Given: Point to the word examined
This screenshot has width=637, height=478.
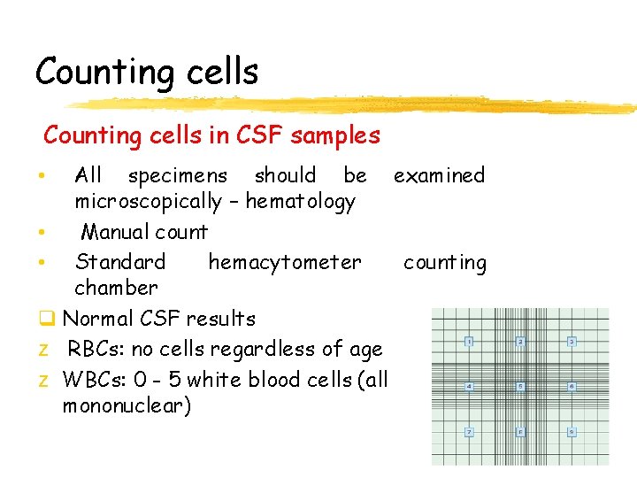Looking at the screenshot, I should [440, 175].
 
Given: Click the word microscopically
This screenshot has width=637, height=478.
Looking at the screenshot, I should [148, 202].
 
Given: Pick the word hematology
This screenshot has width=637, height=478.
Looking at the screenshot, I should [301, 202].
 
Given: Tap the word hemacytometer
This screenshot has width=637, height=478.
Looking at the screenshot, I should [285, 263].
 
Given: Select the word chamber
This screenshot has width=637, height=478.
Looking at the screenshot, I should [116, 288].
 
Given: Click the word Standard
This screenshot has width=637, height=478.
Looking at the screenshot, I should [120, 263].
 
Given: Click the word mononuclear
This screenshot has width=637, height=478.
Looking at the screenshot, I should [127, 407].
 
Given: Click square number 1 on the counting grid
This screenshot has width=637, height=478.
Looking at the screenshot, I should [469, 342].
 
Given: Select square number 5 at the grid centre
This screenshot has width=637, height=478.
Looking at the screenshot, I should [521, 387].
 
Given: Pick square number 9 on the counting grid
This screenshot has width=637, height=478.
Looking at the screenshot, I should [572, 432].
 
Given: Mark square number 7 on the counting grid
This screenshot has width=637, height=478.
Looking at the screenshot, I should [469, 432].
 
